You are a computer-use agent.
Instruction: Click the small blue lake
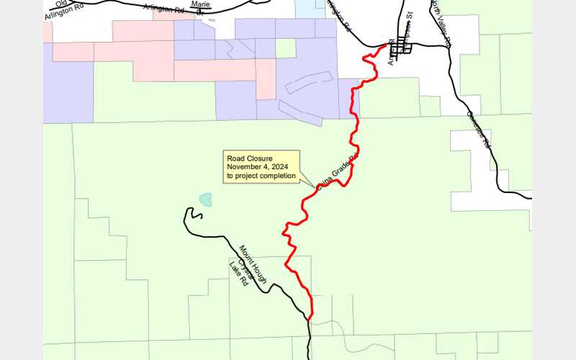click(206, 199)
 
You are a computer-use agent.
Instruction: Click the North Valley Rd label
click(440, 22)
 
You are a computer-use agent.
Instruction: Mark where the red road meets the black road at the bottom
click(310, 318)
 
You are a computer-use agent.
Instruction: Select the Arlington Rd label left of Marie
click(162, 9)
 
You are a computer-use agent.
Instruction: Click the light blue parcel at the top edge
click(310, 9)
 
